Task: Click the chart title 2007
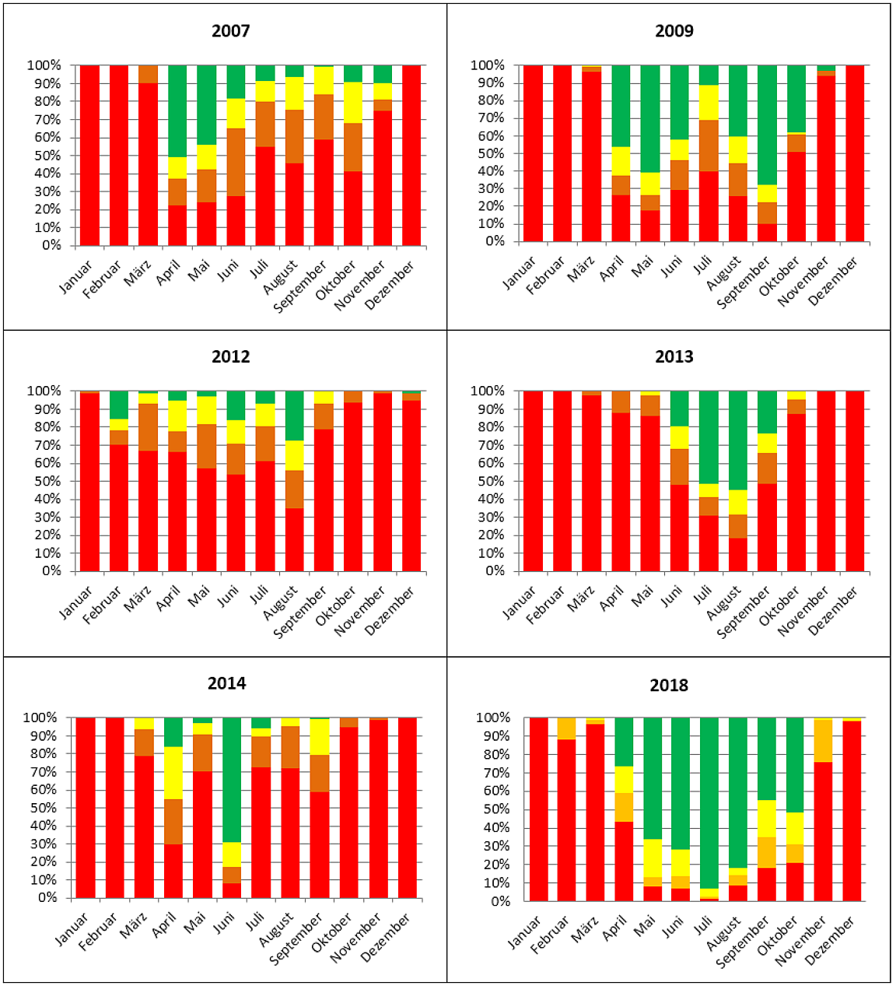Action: pyautogui.click(x=230, y=31)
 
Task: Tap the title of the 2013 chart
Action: pyautogui.click(x=674, y=357)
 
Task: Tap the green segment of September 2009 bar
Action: pyautogui.click(x=768, y=125)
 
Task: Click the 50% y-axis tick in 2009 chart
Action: pyautogui.click(x=492, y=153)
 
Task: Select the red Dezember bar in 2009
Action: pyautogui.click(x=855, y=153)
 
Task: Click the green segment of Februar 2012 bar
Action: pyautogui.click(x=119, y=405)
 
